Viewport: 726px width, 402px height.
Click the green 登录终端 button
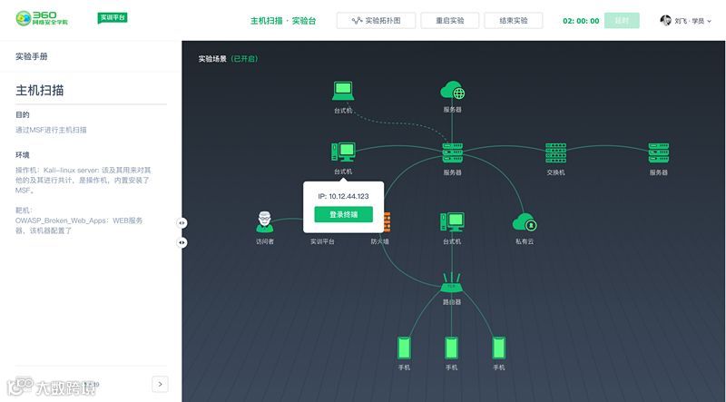pos(343,215)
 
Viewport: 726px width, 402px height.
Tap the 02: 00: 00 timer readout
pos(581,20)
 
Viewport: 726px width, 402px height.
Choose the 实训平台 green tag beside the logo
pos(113,18)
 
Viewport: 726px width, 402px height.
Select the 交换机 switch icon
pos(555,152)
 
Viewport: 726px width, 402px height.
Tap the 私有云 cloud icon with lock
pos(525,222)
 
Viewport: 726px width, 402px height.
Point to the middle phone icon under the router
pos(451,348)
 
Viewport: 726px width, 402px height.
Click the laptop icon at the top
pos(342,91)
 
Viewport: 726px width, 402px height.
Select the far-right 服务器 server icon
pos(658,152)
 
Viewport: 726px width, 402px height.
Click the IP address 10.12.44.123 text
pos(343,196)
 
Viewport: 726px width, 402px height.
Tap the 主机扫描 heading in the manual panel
pos(39,92)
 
